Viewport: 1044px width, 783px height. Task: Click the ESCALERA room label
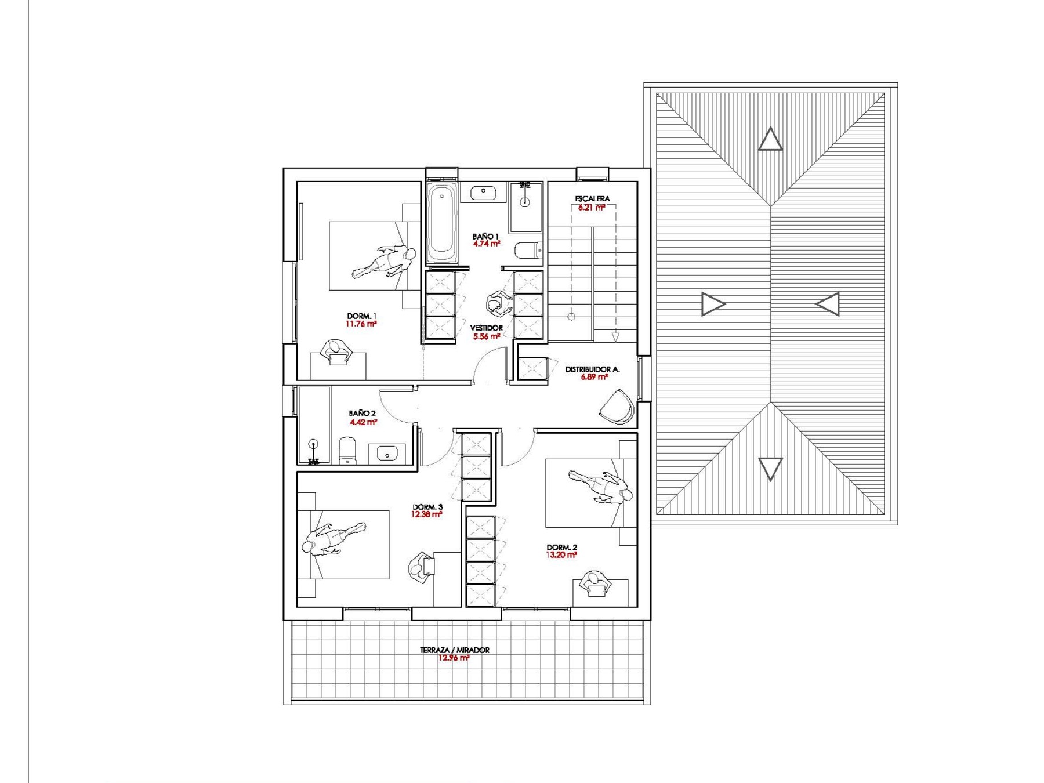592,198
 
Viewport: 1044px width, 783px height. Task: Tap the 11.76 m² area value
361,324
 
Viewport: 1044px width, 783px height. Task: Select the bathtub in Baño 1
442,223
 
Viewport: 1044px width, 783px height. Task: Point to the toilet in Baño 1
528,251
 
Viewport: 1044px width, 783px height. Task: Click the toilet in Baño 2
347,451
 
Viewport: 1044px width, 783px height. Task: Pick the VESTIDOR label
487,328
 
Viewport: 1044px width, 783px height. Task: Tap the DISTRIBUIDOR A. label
592,369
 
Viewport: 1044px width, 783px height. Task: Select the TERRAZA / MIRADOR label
455,650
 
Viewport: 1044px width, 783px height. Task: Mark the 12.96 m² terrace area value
454,658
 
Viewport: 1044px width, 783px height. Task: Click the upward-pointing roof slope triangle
770,140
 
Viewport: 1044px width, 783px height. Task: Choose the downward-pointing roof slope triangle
770,469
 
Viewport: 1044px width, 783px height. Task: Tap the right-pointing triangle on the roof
713,304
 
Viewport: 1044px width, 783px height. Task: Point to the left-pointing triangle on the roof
828,304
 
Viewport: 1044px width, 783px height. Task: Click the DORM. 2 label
561,547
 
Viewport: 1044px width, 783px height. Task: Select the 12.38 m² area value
427,514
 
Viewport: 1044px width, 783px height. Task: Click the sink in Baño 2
387,453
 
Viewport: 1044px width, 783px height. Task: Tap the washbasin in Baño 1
483,192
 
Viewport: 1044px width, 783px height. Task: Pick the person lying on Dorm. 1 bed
384,261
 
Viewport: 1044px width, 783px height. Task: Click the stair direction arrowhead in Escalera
615,337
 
